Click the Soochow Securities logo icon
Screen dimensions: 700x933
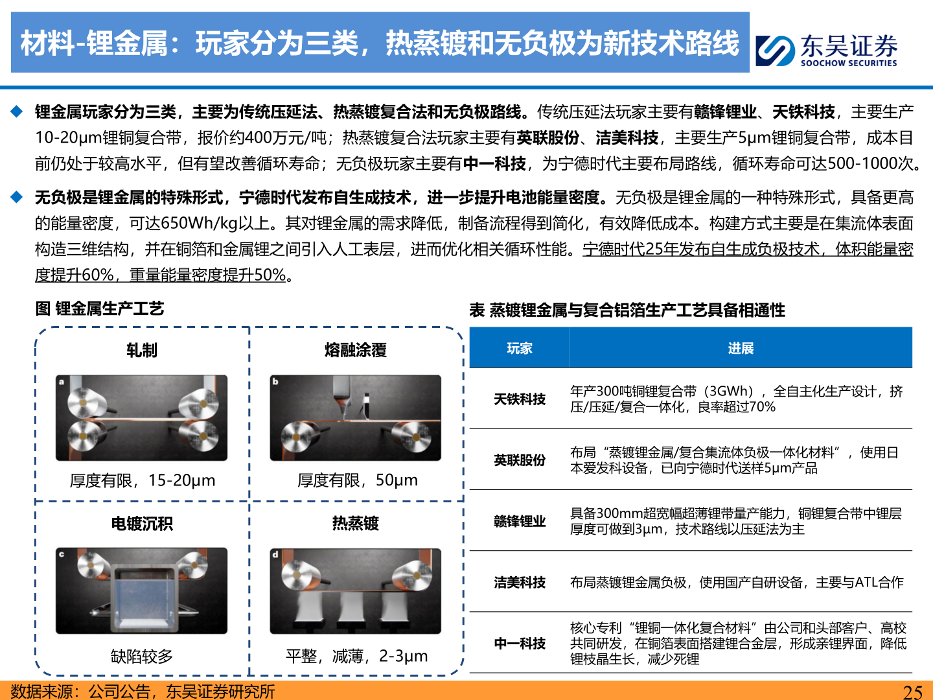coord(775,50)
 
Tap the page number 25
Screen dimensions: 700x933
coord(912,692)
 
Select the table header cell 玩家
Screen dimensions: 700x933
coord(519,348)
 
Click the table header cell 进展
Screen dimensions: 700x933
coord(741,348)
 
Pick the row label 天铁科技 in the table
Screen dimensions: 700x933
coord(519,399)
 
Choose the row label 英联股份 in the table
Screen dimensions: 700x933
coord(519,460)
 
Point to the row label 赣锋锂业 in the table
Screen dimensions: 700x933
coord(519,521)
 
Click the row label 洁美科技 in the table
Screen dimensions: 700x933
coord(519,583)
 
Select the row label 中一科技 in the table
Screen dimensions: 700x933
coord(519,644)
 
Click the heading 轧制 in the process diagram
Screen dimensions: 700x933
coord(142,350)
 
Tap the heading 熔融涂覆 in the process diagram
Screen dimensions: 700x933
coord(355,350)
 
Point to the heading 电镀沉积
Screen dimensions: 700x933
coord(142,524)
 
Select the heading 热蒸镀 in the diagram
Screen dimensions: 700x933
coord(355,524)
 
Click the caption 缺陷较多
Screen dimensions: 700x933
coord(142,656)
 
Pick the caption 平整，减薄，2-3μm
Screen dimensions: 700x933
coord(356,656)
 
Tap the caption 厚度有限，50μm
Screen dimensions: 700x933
coord(357,480)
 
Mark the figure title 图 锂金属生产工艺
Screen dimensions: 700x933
coord(100,309)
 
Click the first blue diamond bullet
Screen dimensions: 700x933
coord(17,111)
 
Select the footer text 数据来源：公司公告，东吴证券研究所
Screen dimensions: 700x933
coord(143,692)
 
